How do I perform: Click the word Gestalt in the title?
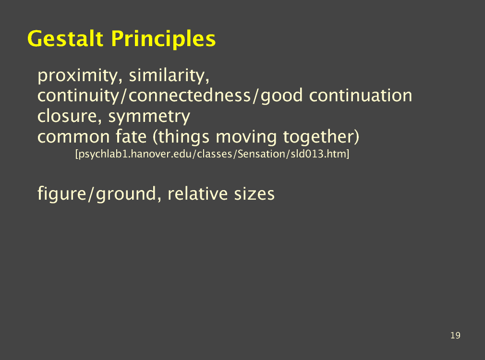65,39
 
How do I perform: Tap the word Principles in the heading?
163,39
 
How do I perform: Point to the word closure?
69,116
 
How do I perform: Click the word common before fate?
73,137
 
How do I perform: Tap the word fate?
131,136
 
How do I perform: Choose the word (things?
181,137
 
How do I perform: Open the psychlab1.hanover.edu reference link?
212,154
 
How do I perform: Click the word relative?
197,193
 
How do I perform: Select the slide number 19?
455,335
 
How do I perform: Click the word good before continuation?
282,96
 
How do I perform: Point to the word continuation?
361,96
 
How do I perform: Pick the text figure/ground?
97,194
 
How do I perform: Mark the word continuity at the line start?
78,96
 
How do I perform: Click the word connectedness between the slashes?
190,96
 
